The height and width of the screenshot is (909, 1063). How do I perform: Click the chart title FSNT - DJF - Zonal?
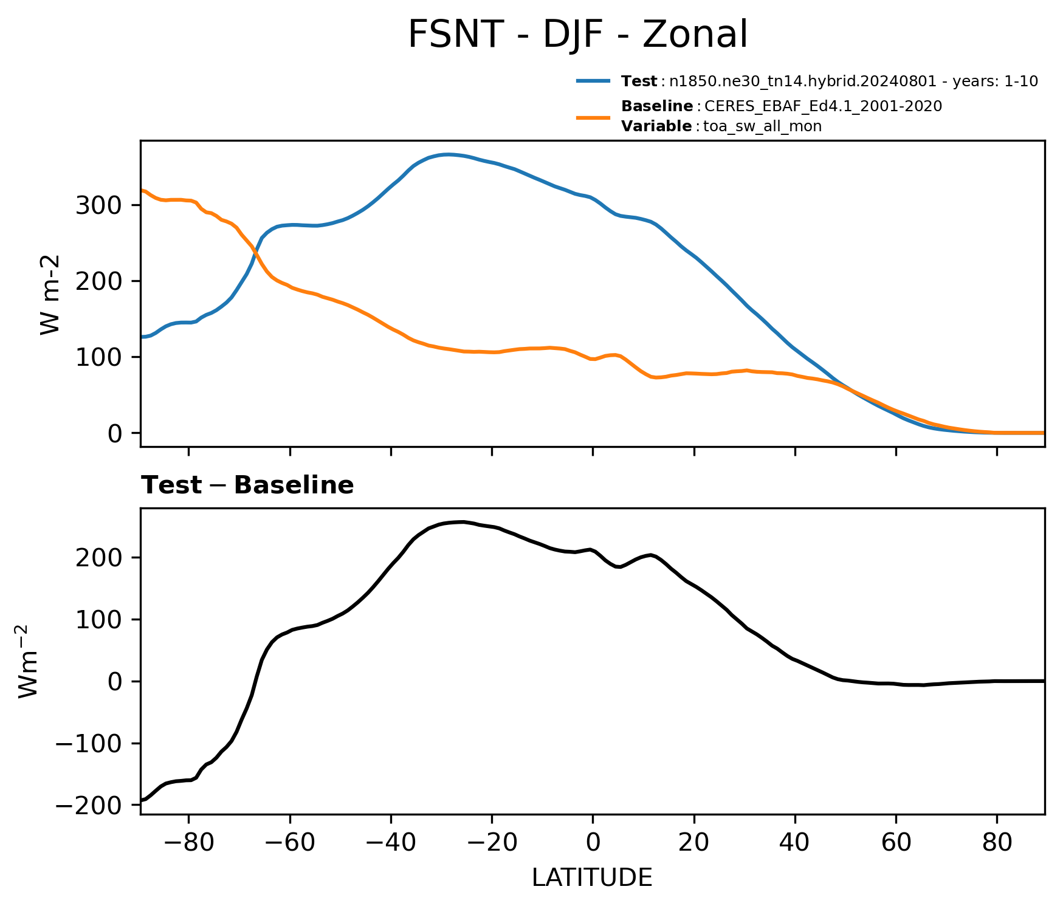click(x=577, y=35)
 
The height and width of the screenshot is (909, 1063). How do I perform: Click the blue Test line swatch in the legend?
click(x=593, y=81)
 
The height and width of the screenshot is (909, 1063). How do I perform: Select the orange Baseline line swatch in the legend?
click(x=593, y=117)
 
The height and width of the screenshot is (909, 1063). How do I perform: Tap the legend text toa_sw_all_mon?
click(x=762, y=126)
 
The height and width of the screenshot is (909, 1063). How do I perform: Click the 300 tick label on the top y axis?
click(x=99, y=205)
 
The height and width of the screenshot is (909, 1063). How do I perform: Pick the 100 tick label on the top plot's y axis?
click(x=99, y=357)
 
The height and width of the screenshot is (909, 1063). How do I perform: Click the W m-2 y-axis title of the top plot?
click(x=51, y=294)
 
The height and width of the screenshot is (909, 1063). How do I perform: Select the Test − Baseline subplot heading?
click(x=247, y=485)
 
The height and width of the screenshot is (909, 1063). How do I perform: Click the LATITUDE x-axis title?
click(x=592, y=878)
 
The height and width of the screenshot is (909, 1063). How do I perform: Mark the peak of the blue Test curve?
click(x=448, y=154)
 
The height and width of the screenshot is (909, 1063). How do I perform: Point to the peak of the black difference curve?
click(x=462, y=521)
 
